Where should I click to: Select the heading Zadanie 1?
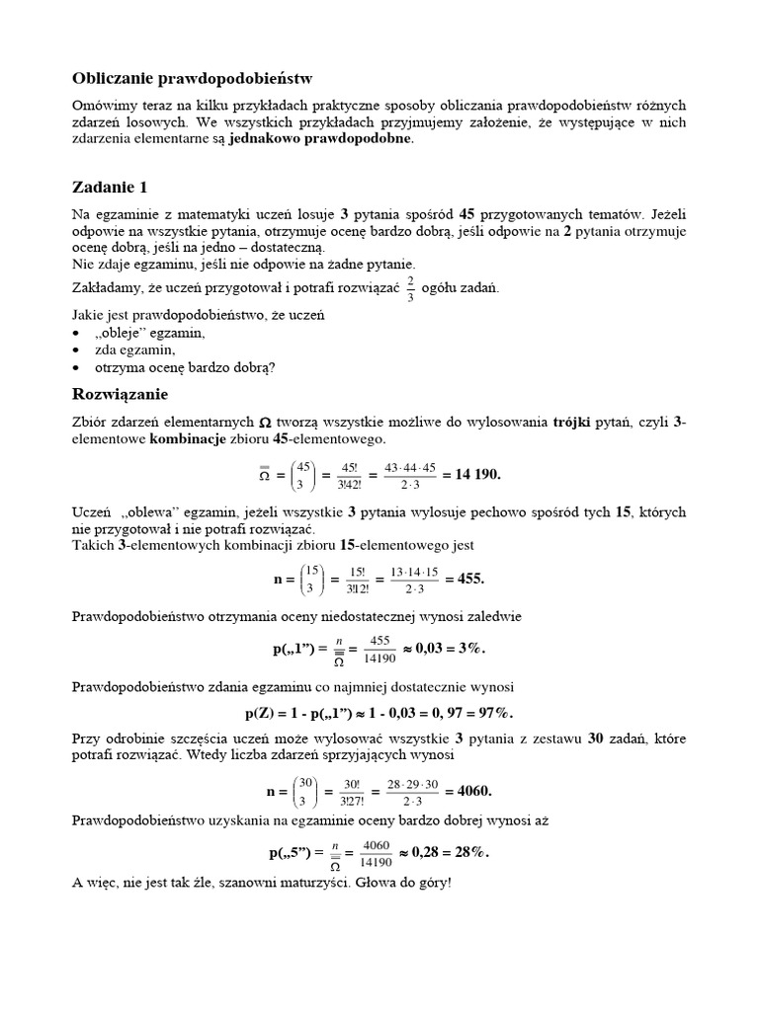click(111, 187)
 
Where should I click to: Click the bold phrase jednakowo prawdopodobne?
click(322, 139)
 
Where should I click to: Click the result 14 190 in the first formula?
click(472, 474)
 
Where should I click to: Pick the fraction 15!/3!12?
click(351, 580)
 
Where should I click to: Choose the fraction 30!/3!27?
click(351, 792)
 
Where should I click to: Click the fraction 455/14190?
click(380, 650)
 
